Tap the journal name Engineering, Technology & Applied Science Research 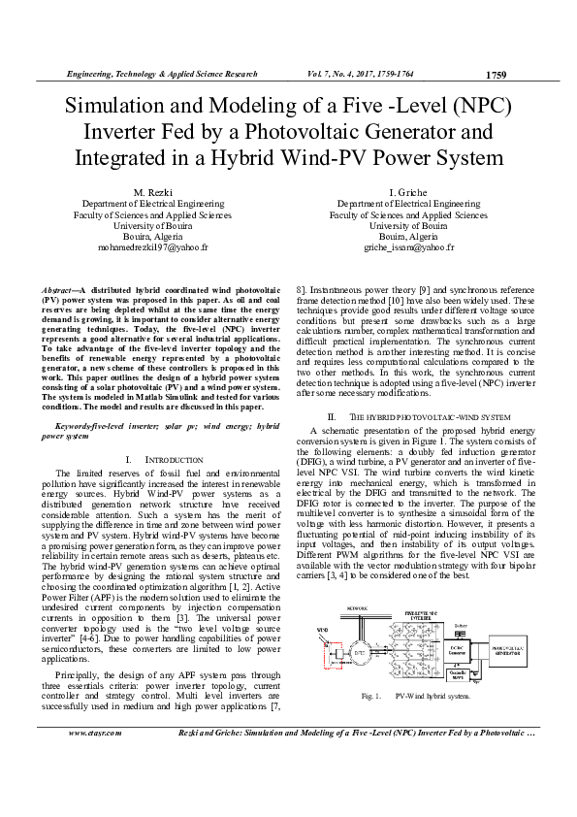162,74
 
